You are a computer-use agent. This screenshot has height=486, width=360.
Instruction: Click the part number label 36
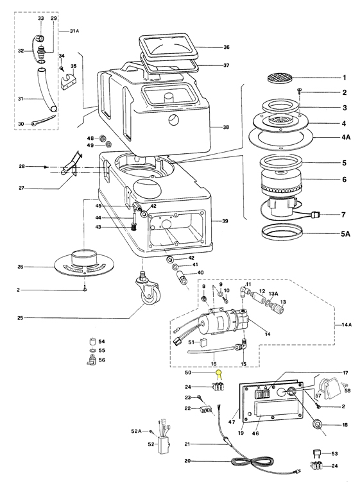pos(227,47)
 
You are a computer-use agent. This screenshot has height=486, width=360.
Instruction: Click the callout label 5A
pos(345,233)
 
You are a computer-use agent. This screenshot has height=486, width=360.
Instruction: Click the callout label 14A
pos(347,325)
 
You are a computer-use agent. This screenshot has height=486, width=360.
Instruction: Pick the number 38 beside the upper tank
pos(226,127)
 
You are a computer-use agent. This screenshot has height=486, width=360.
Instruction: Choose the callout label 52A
pos(136,431)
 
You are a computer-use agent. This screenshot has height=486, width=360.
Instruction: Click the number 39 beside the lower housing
pos(225,221)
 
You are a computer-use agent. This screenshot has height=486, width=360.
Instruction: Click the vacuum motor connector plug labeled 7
pos(315,215)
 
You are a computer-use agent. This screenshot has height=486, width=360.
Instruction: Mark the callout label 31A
pos(74,31)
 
